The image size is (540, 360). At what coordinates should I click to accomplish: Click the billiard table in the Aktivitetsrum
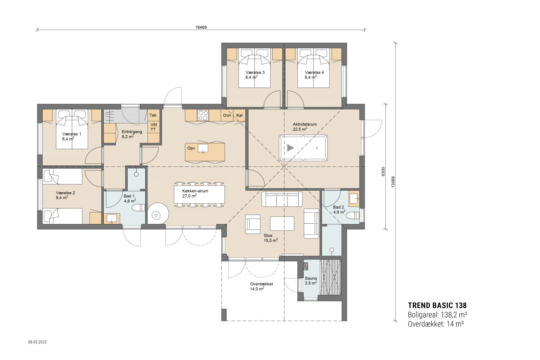pyautogui.click(x=303, y=148)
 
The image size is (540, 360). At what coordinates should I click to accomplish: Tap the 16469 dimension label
pyautogui.click(x=201, y=27)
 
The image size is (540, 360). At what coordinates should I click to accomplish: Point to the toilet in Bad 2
pyautogui.click(x=353, y=215)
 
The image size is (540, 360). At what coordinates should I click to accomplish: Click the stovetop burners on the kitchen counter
pyautogui.click(x=204, y=115)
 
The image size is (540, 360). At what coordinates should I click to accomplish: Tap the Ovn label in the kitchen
pyautogui.click(x=227, y=115)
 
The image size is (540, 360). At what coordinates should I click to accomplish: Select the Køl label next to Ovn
pyautogui.click(x=239, y=115)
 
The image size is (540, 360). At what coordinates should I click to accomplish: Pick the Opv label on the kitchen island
pyautogui.click(x=191, y=148)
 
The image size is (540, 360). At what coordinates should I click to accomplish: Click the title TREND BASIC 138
pyautogui.click(x=437, y=305)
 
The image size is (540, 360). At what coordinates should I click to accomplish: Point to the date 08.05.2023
pyautogui.click(x=37, y=342)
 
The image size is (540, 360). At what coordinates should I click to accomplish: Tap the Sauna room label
pyautogui.click(x=311, y=278)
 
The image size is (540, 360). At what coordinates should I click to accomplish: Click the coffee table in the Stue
pyautogui.click(x=282, y=223)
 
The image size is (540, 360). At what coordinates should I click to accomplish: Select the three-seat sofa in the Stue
pyautogui.click(x=282, y=199)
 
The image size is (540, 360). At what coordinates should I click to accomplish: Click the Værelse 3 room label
pyautogui.click(x=255, y=73)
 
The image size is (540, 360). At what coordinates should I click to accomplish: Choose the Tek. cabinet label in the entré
pyautogui.click(x=154, y=115)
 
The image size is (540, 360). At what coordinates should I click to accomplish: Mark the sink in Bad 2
pyautogui.click(x=354, y=198)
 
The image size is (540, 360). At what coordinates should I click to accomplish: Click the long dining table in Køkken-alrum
pyautogui.click(x=199, y=194)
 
